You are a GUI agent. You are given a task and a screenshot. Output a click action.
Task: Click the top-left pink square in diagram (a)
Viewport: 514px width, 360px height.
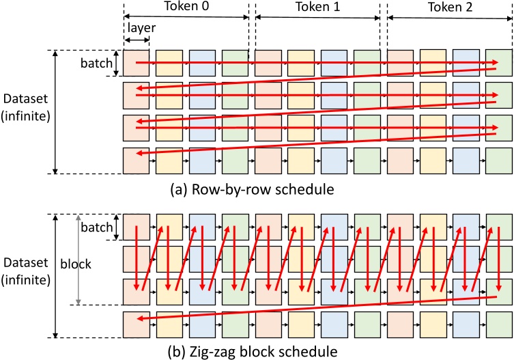point(136,62)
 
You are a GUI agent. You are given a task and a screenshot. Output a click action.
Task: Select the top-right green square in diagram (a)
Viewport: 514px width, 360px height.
point(499,62)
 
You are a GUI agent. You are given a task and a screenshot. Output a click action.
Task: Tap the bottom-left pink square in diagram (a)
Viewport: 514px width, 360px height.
point(136,161)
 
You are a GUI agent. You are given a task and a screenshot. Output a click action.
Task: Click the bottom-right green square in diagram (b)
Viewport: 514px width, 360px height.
point(499,324)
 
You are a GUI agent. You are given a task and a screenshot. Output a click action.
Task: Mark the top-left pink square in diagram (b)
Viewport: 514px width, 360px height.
point(136,226)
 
